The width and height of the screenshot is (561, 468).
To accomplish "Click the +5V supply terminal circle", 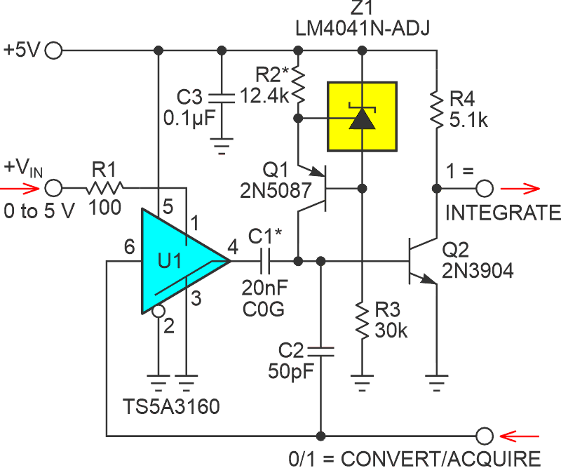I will coord(53,51).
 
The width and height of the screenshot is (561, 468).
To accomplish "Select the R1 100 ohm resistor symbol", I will coord(106,188).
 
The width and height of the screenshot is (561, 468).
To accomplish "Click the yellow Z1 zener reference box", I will coord(362,116).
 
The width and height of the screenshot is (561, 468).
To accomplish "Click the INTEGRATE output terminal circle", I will coord(484,188).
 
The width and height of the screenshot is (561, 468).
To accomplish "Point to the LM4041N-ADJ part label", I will coord(363,29).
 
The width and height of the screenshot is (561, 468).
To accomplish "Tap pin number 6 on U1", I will coord(128,246).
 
